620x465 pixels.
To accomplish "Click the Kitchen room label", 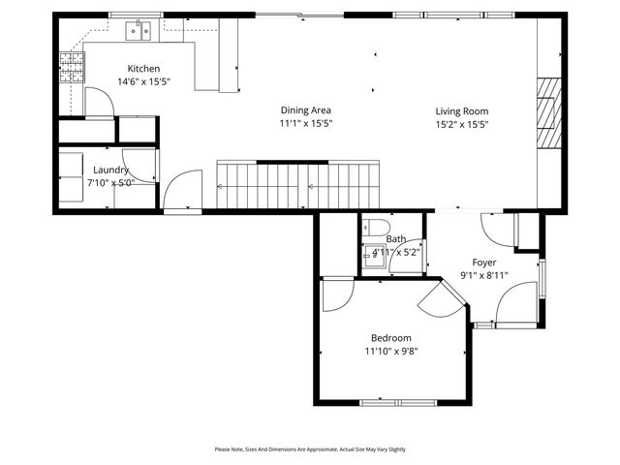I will coord(143,69).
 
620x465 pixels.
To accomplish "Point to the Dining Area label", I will coord(299,110).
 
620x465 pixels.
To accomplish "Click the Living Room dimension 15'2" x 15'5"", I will coord(461,124).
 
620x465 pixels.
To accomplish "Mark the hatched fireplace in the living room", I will coord(548,112).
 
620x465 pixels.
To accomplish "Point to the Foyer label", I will coord(484,263).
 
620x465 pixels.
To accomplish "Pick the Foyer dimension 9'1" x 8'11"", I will coord(484,275).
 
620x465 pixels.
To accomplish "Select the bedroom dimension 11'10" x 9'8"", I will coord(390,351).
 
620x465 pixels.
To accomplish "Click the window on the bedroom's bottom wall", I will coord(401,402).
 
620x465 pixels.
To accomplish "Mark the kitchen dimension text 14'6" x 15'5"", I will coord(143,82).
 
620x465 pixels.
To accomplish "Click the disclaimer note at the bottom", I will coord(310,449).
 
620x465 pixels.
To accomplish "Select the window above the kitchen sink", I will coord(136,15).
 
